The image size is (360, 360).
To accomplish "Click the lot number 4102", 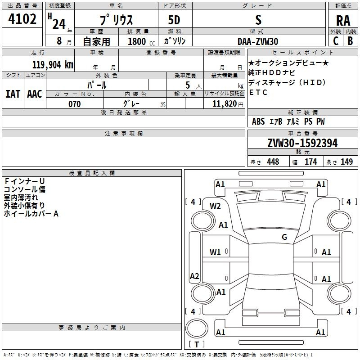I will click(22, 19).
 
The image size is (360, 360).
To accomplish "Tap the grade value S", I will click(258, 20).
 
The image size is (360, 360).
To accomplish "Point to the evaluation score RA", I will click(343, 21).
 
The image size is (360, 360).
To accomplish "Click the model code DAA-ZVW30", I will click(258, 41).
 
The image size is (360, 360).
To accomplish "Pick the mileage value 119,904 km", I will click(53, 64).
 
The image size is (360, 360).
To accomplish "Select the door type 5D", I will click(175, 21).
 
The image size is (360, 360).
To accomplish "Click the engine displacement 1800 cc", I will click(140, 41).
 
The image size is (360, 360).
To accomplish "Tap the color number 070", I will click(74, 104).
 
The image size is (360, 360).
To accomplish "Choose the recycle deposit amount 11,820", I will click(224, 104).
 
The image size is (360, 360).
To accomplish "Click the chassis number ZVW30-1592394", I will click(302, 143).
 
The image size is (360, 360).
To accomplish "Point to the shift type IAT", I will click(13, 94).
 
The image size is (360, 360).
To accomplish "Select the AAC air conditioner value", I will click(35, 94).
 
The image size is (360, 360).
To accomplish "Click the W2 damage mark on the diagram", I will click(216, 206).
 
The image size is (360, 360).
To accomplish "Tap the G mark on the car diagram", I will click(284, 237).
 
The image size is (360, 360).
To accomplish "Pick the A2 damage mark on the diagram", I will click(194, 276).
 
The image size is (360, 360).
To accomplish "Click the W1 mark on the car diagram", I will click(216, 252).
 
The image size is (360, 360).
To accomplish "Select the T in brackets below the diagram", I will click(196, 345).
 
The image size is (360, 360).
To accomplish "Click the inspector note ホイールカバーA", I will click(31, 214).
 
